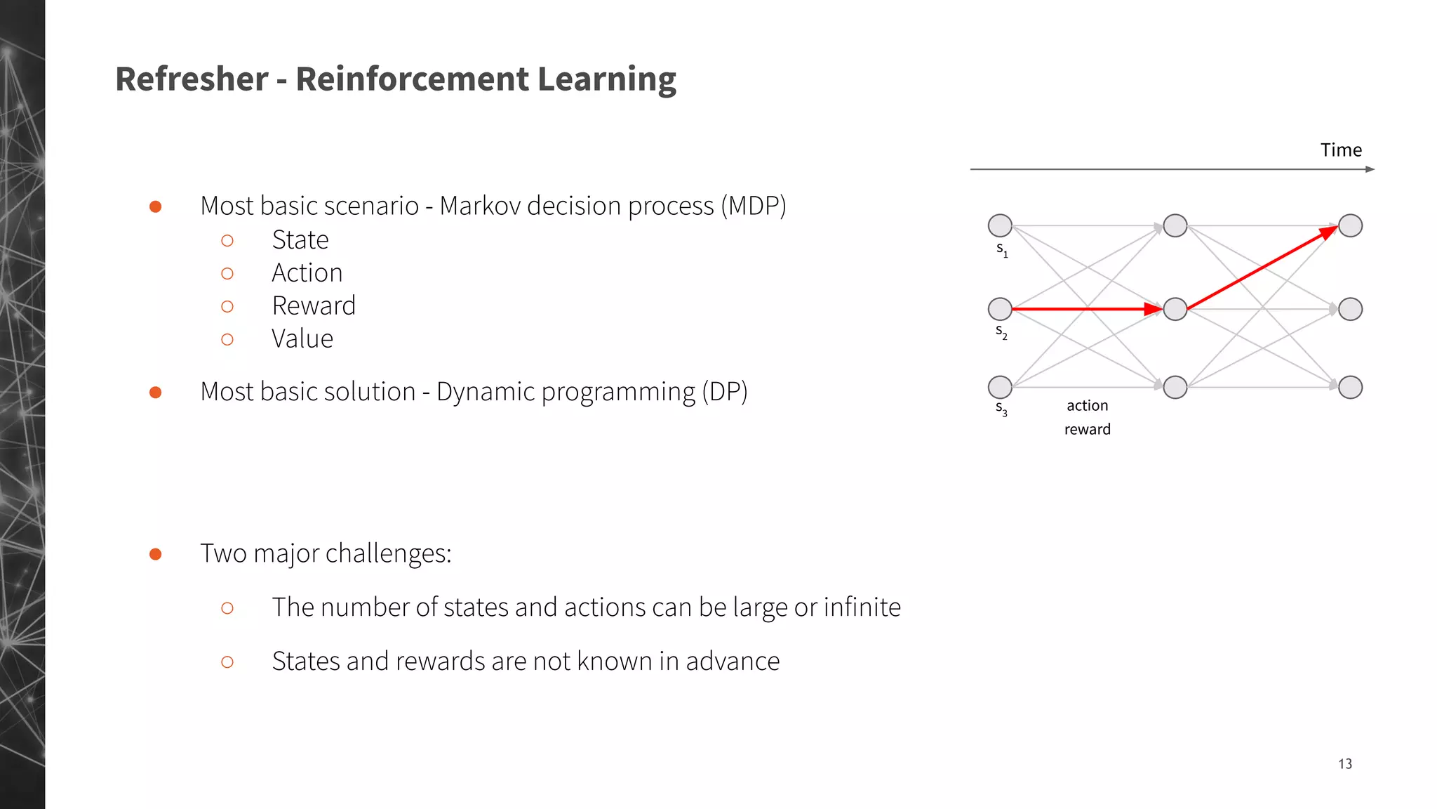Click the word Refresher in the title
click(x=192, y=79)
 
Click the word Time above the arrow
click(x=1341, y=150)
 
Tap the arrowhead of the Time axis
click(x=1370, y=169)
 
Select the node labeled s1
click(x=1000, y=226)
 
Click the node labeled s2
click(x=1000, y=309)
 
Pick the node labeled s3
click(x=1000, y=387)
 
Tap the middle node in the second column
click(x=1175, y=309)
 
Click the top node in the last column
click(x=1351, y=226)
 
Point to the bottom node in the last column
click(x=1351, y=387)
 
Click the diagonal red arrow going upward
click(x=1259, y=269)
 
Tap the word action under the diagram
click(x=1087, y=406)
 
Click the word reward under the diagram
click(x=1087, y=430)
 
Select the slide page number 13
click(x=1344, y=764)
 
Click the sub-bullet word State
click(x=300, y=240)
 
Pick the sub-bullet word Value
click(x=302, y=339)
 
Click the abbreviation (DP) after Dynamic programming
click(x=725, y=392)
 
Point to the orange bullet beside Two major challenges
click(x=156, y=554)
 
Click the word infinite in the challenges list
click(x=862, y=607)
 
